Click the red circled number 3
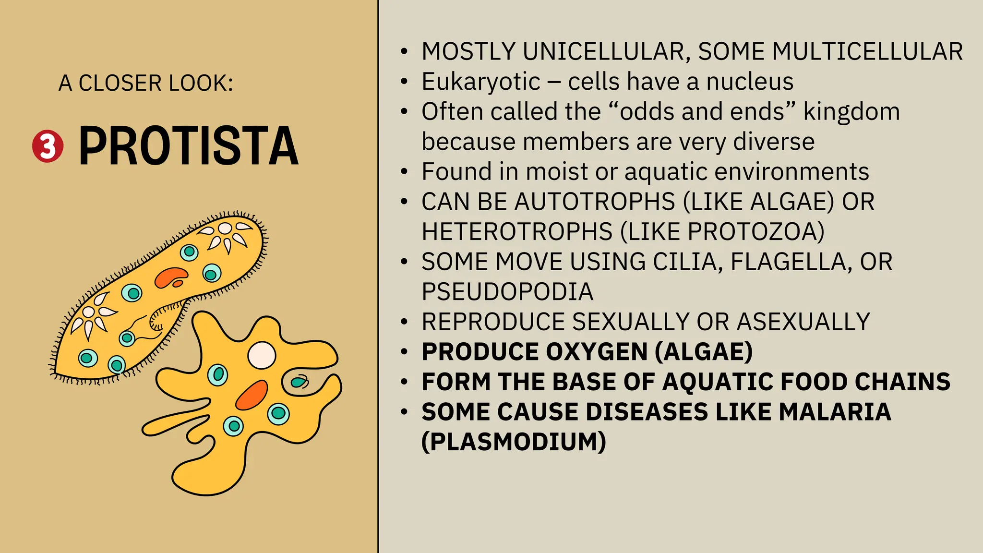point(48,146)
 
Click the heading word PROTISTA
point(188,146)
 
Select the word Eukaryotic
point(481,82)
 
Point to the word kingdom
point(851,111)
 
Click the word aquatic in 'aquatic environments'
point(665,171)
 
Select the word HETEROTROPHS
point(517,231)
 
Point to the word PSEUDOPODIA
point(507,292)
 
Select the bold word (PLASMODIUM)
point(514,442)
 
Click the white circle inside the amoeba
point(262,355)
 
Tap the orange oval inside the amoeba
point(252,395)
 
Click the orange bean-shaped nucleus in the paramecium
point(171,277)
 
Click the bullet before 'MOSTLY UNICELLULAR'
point(405,52)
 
